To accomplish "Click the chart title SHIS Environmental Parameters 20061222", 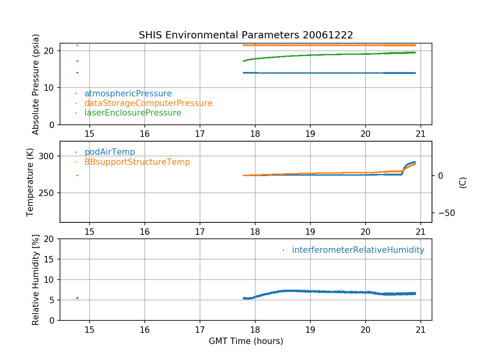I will point(246,35).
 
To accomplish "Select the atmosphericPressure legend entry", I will point(128,94).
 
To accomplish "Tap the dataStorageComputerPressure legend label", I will point(148,103).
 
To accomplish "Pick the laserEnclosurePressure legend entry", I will point(132,113).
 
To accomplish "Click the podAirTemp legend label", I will point(110,152).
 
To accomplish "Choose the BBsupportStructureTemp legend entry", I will point(137,162).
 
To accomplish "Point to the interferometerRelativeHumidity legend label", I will point(358,250).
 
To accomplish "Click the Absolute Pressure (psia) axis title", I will point(36,84).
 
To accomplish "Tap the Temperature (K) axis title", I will point(30,182).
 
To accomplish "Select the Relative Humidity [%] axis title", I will point(36,280).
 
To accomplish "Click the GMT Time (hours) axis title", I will point(246,341).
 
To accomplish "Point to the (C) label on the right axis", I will point(463,182).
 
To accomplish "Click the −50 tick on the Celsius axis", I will point(443,212).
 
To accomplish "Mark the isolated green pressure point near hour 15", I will point(77,61).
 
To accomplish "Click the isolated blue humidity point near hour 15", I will point(77,298).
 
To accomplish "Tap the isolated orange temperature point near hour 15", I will point(77,175).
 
